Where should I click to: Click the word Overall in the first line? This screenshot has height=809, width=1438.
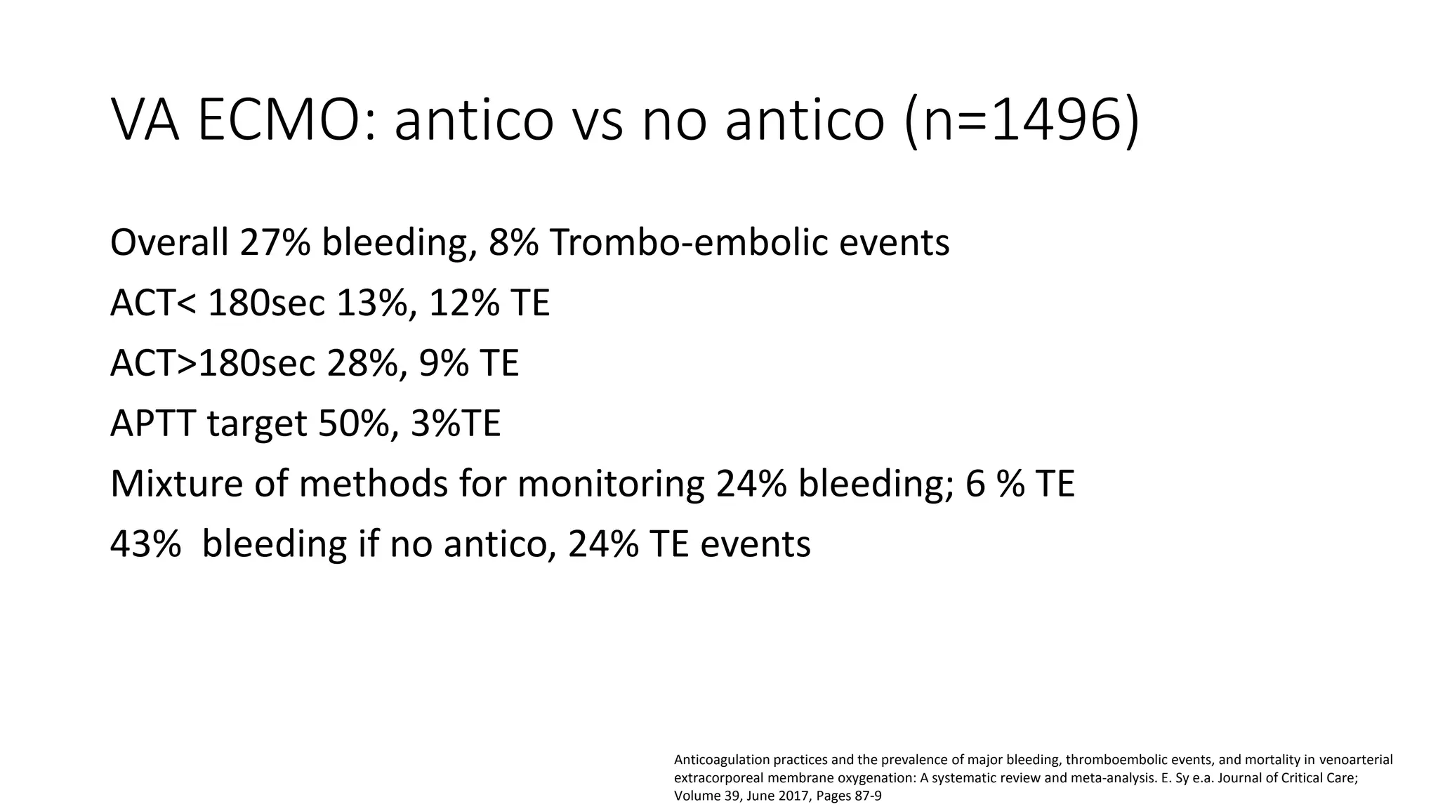pos(169,243)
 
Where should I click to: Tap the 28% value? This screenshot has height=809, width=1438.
pos(362,364)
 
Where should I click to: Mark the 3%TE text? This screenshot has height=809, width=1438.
pos(456,424)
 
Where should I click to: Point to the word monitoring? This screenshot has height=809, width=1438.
pos(610,485)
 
